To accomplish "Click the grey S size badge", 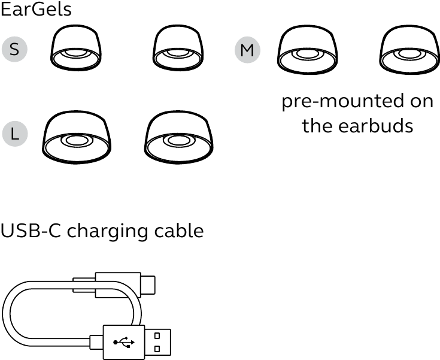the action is point(14,49).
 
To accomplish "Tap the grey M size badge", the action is point(247,50).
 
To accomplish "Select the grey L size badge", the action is point(15,134).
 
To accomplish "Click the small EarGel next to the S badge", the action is point(76,47).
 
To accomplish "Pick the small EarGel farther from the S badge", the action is point(178,47).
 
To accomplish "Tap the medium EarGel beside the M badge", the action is point(308,50).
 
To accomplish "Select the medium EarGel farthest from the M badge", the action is point(409,50).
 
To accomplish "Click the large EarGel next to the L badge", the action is point(77,137).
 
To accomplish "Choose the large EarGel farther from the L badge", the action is point(179,137).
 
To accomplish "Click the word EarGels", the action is point(36,9).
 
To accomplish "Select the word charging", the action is point(107,232).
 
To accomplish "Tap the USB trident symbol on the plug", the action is point(124,342).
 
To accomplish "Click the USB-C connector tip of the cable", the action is point(148,285).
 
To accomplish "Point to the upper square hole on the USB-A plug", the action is point(157,335).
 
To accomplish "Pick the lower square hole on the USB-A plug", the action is point(157,349).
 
